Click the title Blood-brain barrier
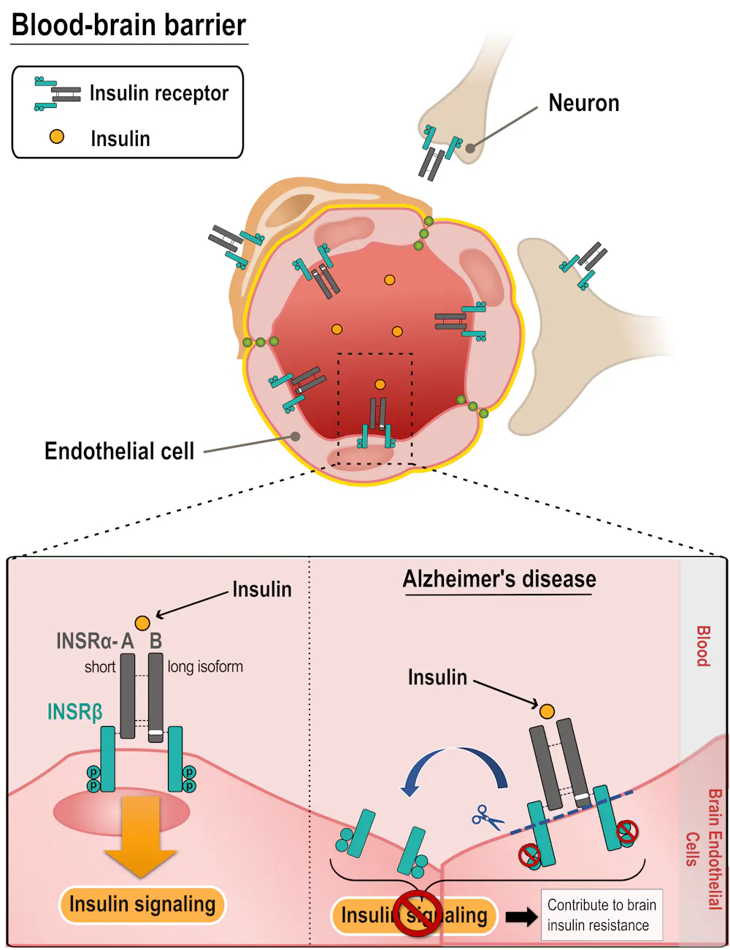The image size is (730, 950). click(128, 26)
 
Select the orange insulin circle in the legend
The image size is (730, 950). click(56, 136)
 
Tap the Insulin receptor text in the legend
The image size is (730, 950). click(158, 93)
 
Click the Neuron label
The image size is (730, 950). click(583, 103)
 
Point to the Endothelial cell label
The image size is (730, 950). click(120, 451)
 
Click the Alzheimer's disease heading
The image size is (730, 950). click(499, 579)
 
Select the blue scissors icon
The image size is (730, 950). click(487, 817)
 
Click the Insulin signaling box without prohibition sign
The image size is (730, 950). click(142, 905)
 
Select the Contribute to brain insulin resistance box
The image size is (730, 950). click(602, 915)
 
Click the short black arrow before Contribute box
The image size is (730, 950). click(521, 916)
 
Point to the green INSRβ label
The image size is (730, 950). click(74, 712)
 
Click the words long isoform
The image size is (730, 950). click(205, 667)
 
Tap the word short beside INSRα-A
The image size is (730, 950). click(99, 667)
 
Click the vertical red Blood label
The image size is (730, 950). click(702, 646)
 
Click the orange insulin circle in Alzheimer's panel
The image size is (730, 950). click(547, 711)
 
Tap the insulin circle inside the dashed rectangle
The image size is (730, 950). click(380, 385)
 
